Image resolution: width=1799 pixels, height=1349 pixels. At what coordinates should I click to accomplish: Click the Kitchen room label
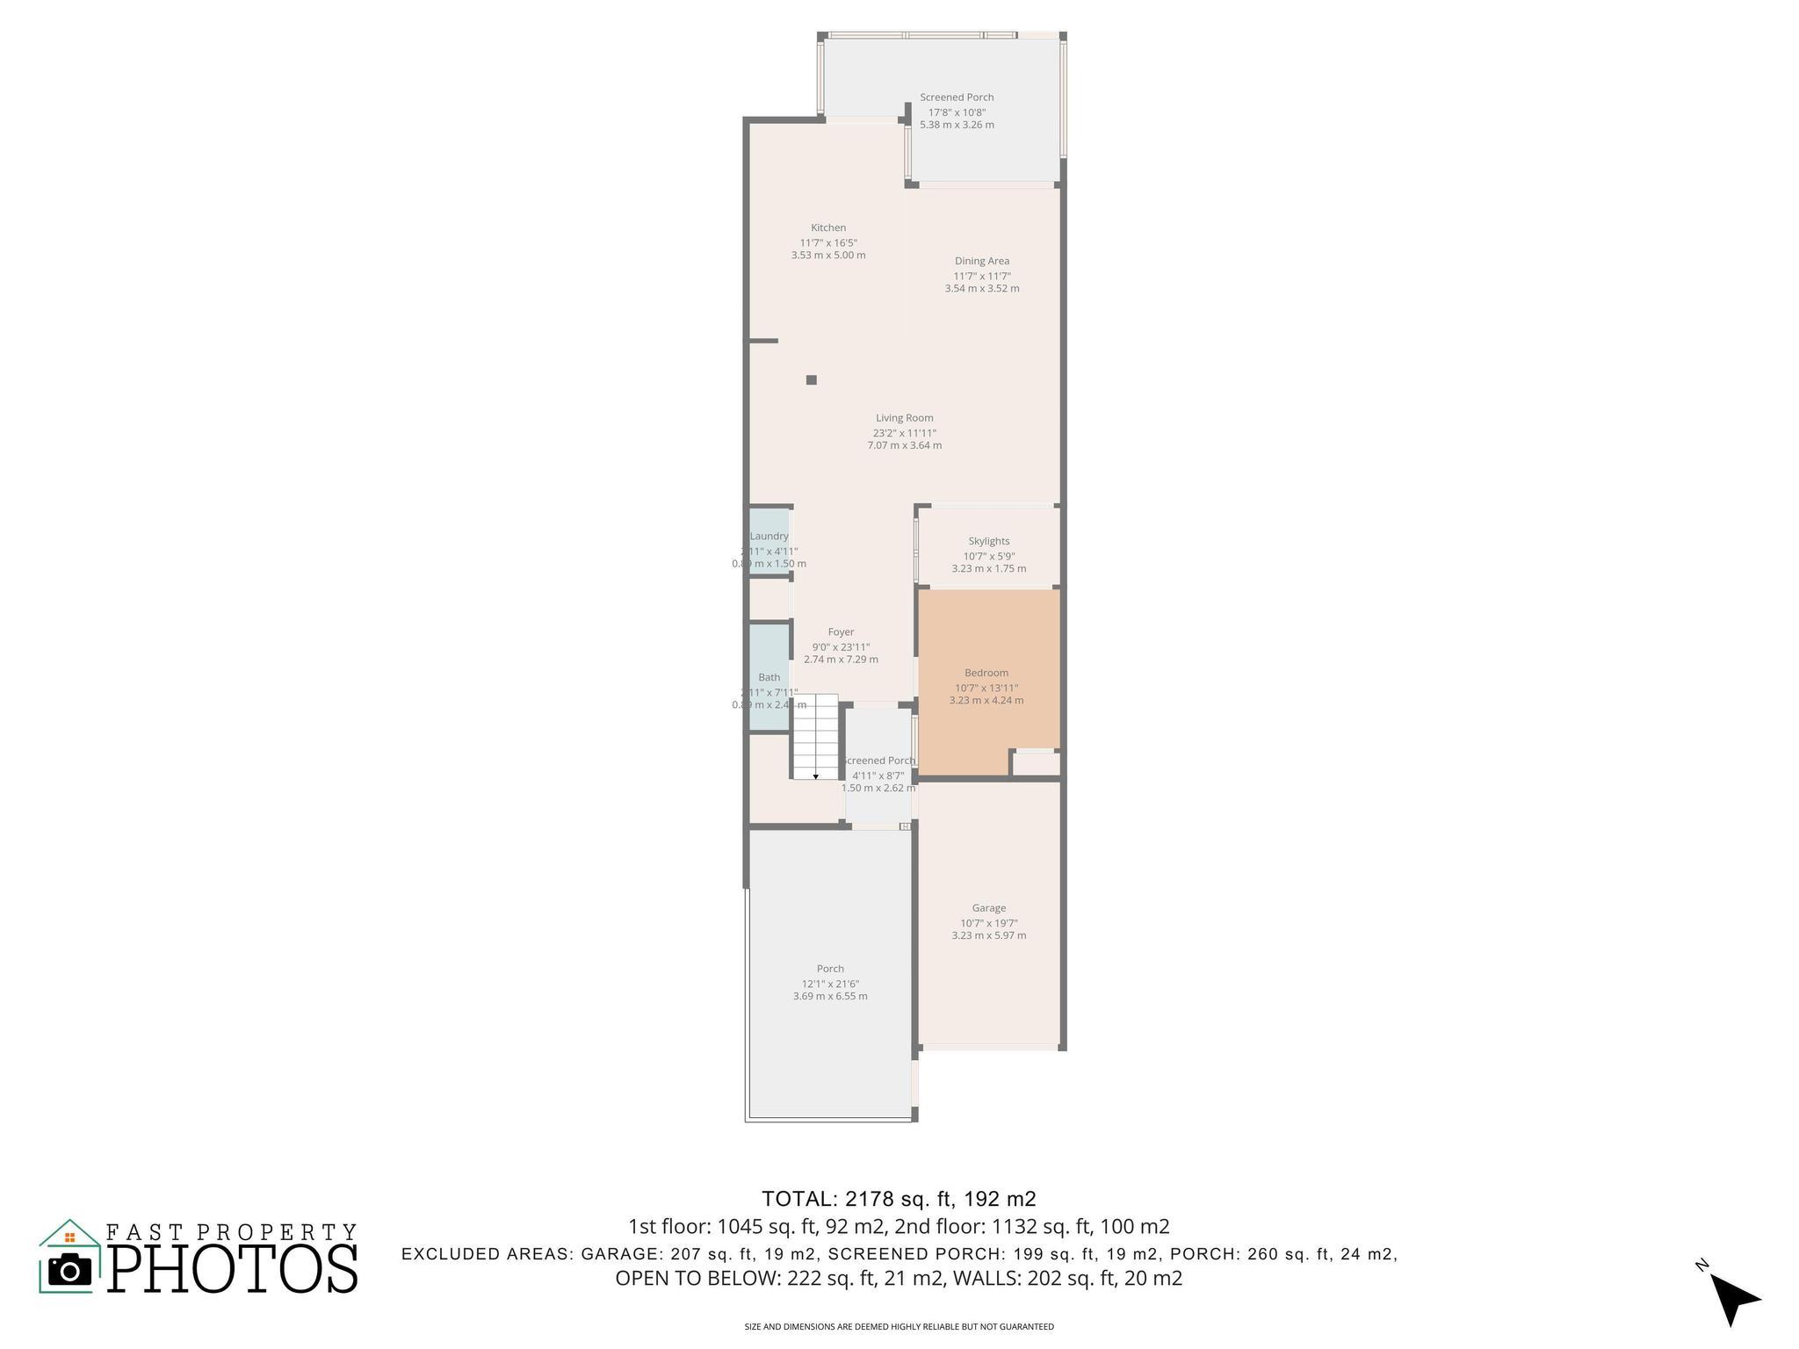827,227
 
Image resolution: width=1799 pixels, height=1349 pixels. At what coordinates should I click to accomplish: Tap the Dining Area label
981,261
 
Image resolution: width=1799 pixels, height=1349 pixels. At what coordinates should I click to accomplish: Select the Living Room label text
904,418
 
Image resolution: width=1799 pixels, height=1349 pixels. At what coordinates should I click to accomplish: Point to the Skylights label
988,541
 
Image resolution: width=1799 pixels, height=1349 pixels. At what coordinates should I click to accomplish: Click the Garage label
988,908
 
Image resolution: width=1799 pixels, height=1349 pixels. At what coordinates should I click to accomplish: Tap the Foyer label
841,631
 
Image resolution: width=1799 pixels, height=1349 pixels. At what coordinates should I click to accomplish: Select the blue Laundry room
769,541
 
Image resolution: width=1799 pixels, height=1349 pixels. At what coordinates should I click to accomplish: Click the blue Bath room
769,676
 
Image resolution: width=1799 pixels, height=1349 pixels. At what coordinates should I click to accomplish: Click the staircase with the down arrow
815,736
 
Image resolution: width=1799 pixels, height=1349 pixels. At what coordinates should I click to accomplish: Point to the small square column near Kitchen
812,380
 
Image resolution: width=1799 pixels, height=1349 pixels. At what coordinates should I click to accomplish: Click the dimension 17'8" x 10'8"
957,112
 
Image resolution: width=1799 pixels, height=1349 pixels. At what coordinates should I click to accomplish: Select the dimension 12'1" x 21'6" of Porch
829,984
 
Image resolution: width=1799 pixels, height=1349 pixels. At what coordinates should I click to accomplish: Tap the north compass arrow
1734,1298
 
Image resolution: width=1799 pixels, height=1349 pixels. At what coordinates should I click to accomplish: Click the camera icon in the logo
69,1270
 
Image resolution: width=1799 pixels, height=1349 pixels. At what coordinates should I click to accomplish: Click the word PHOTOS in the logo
233,1268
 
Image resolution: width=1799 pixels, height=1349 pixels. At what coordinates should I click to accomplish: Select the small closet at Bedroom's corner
1037,763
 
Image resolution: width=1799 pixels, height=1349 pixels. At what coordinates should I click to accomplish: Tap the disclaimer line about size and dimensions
899,1327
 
